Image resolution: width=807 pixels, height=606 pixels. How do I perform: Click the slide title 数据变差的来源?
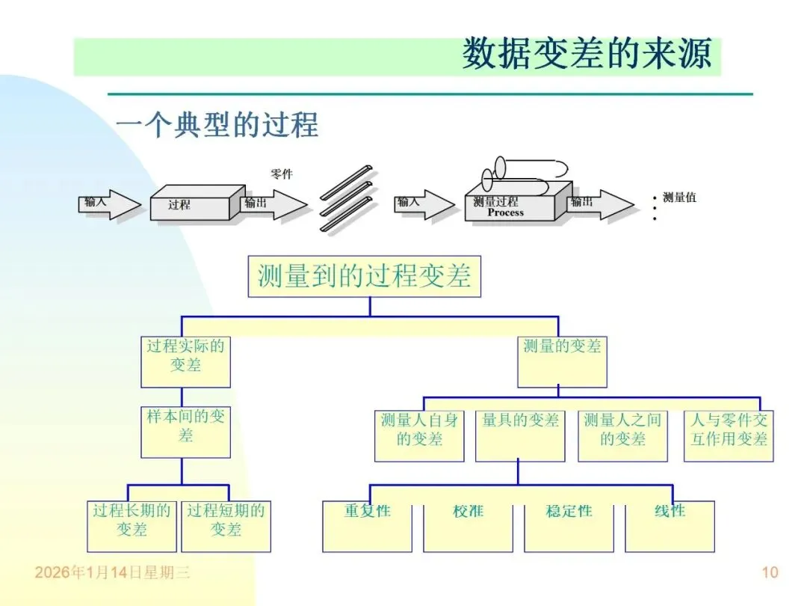coord(587,54)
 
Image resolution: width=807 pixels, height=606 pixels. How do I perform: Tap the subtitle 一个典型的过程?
coord(217,124)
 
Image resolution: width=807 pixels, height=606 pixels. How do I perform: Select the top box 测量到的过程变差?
coord(364,276)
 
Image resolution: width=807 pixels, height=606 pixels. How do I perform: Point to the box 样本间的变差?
coord(185,432)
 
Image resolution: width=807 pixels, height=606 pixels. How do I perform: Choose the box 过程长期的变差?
coord(132,526)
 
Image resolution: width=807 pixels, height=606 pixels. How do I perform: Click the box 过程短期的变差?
coord(226,526)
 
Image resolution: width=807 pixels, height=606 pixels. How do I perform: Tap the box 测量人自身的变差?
coord(419,435)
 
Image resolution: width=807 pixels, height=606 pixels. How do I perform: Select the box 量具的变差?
coord(520,435)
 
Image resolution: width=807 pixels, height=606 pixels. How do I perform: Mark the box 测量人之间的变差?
coord(622,435)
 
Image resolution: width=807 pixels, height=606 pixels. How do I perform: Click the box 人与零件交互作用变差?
coord(729,435)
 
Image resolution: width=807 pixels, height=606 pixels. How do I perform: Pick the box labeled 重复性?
coord(367,526)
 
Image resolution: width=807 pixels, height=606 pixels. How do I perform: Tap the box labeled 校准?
coord(468,526)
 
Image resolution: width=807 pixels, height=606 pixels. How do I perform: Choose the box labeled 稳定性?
coord(569,526)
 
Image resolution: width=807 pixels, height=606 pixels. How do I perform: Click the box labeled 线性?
coord(670,526)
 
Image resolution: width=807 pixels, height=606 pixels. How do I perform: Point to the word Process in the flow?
coord(506,212)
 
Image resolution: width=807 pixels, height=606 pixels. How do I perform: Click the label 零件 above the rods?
coord(282,174)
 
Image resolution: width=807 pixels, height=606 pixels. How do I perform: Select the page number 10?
coord(770,573)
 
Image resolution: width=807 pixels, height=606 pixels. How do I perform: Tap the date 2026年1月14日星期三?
coord(112,573)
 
